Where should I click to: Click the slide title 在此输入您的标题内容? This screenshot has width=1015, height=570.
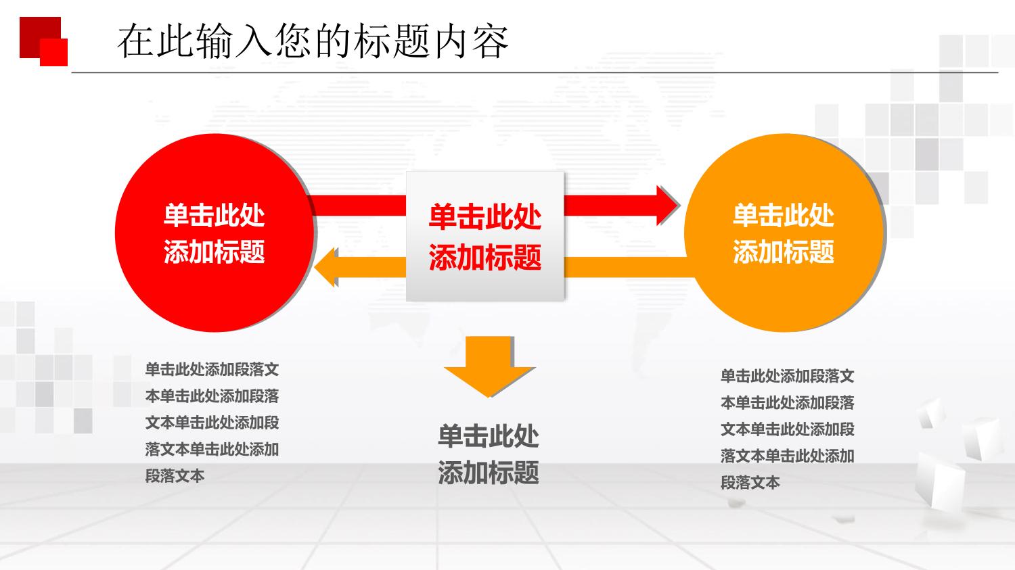click(313, 42)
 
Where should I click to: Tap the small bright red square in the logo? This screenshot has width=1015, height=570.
click(54, 53)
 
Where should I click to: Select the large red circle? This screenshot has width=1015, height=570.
click(215, 233)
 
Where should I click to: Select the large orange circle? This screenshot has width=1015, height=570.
click(784, 233)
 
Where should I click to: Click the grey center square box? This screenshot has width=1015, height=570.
click(485, 236)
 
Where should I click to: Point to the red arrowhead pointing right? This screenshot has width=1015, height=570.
click(668, 206)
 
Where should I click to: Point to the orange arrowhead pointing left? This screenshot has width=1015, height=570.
click(325, 267)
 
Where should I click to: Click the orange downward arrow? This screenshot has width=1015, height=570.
click(489, 366)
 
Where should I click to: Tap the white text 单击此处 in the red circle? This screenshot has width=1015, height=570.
click(214, 216)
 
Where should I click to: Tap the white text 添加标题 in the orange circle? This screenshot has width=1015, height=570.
click(784, 252)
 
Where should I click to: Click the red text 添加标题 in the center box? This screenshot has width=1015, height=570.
click(485, 257)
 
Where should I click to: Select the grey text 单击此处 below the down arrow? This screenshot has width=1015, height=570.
click(489, 436)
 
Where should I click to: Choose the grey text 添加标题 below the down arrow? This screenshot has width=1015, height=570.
click(489, 473)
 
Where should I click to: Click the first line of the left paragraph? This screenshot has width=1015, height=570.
click(212, 369)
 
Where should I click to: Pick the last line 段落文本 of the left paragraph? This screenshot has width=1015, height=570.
click(175, 476)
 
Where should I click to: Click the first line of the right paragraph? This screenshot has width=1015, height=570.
click(787, 376)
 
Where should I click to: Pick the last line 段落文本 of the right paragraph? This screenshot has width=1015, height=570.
click(750, 483)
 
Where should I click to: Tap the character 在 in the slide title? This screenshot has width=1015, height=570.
click(135, 42)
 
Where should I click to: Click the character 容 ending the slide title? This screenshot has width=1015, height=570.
click(491, 42)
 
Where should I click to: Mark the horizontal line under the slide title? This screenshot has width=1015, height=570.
click(535, 72)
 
